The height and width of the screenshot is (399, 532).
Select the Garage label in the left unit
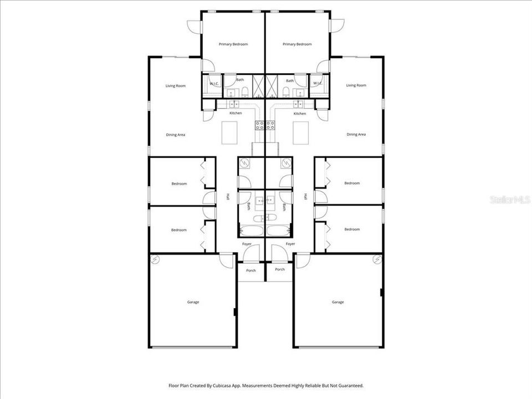[x=193, y=302]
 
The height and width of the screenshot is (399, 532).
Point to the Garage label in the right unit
[x=337, y=302]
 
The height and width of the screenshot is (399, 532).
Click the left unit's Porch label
[x=251, y=270]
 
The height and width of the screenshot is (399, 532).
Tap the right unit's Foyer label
[x=290, y=244]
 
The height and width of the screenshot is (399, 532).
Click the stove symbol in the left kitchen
[x=259, y=125]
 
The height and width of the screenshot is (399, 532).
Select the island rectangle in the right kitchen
[x=300, y=132]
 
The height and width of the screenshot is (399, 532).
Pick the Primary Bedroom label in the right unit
[x=297, y=44]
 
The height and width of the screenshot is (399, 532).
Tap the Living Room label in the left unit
[x=176, y=86]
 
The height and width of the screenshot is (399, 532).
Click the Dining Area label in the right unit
[x=356, y=134]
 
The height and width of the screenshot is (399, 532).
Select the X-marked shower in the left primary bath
[x=259, y=86]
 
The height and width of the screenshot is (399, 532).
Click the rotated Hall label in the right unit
[x=305, y=196]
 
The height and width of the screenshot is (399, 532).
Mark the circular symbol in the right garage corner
[x=377, y=259]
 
